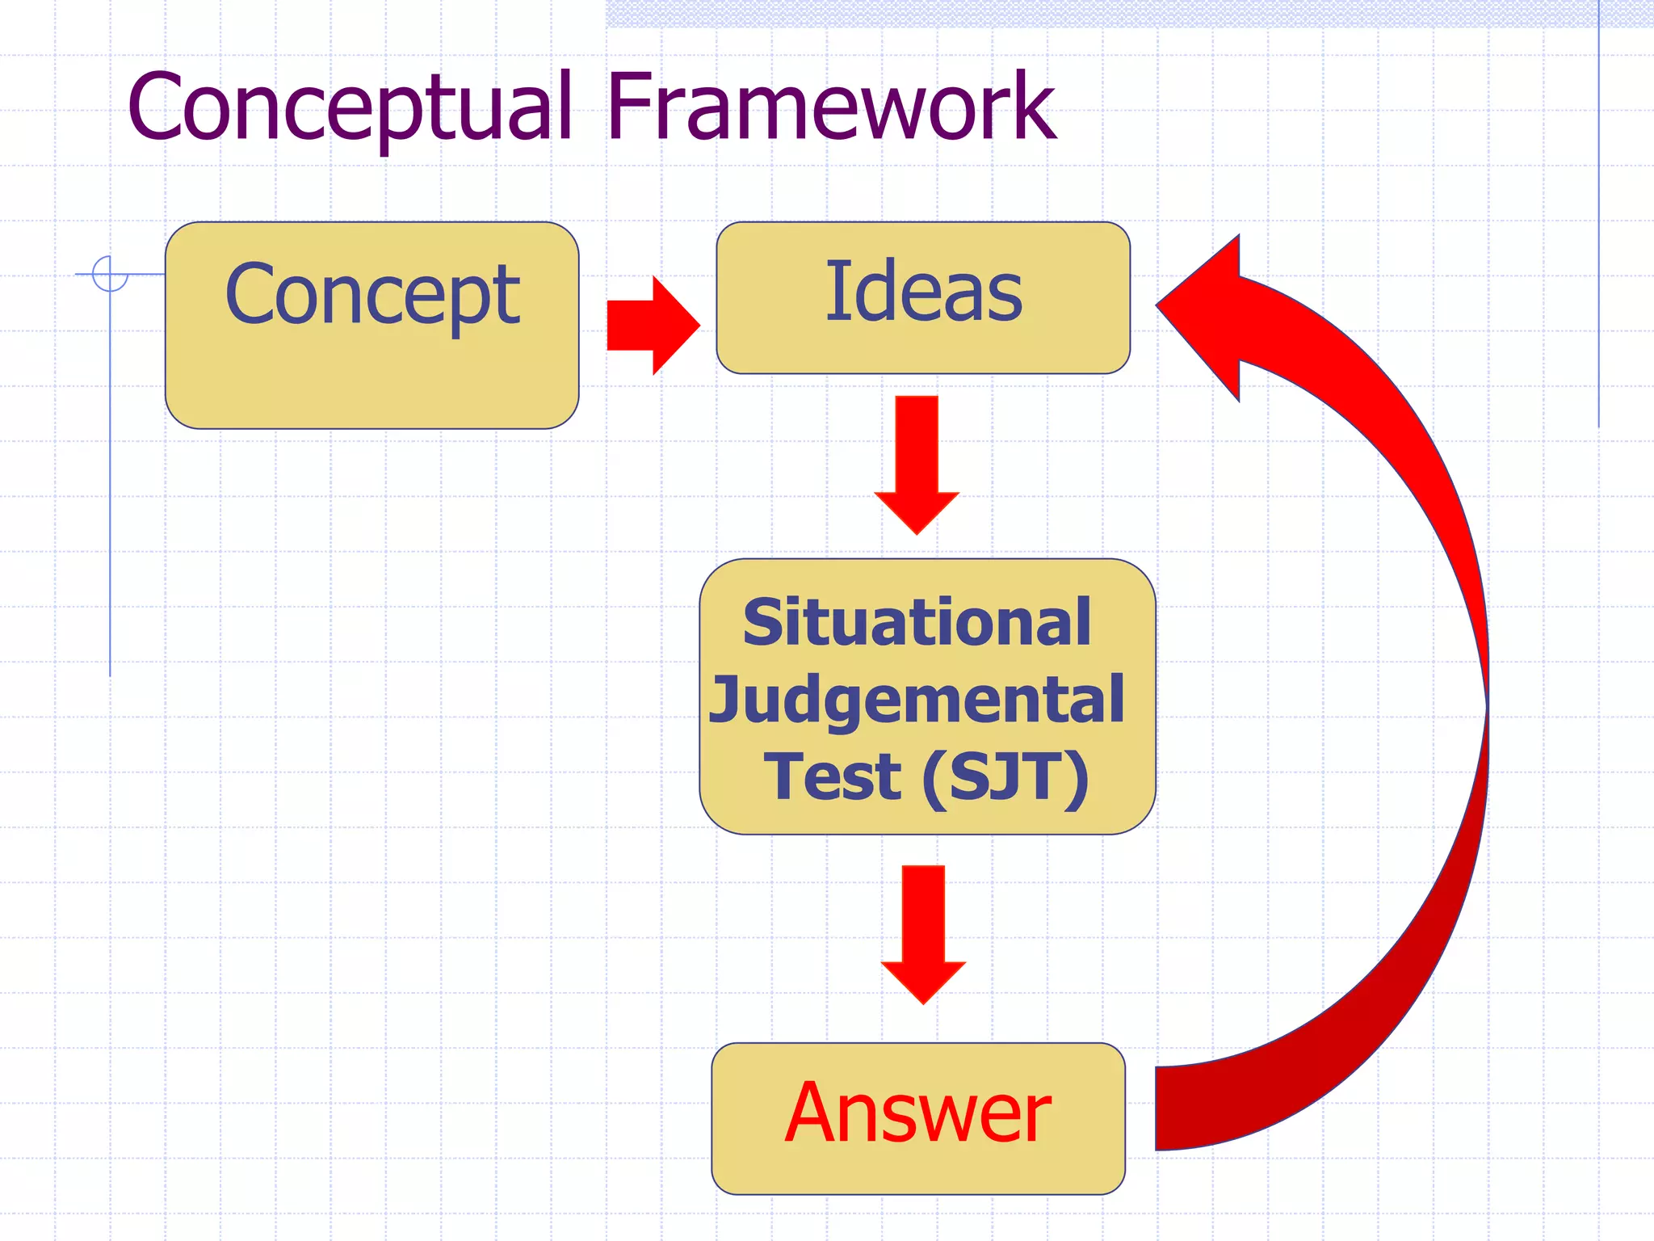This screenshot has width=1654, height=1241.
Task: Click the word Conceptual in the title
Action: pyautogui.click(x=349, y=107)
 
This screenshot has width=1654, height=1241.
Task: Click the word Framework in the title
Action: pyautogui.click(x=830, y=107)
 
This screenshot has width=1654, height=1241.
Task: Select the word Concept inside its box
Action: pyautogui.click(x=372, y=296)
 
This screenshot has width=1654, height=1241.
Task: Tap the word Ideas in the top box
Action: pyautogui.click(x=923, y=292)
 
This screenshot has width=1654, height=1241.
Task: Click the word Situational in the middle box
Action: pyautogui.click(x=917, y=623)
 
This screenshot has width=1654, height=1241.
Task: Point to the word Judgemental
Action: pyautogui.click(x=917, y=700)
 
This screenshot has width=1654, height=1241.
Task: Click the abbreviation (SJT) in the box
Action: pyautogui.click(x=1005, y=776)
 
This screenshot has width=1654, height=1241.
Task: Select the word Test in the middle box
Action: pyautogui.click(x=832, y=776)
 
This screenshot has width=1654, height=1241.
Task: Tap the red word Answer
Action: pyautogui.click(x=918, y=1113)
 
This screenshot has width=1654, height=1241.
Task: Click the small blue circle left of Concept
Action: pyautogui.click(x=110, y=273)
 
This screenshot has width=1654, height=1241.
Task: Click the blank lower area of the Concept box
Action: pyautogui.click(x=372, y=384)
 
